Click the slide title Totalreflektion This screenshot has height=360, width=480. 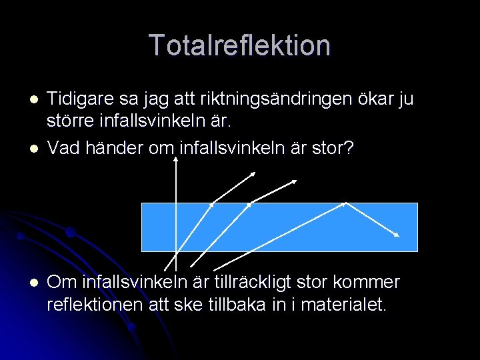pyautogui.click(x=240, y=45)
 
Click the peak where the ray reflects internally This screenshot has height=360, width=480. pyautogui.click(x=345, y=203)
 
